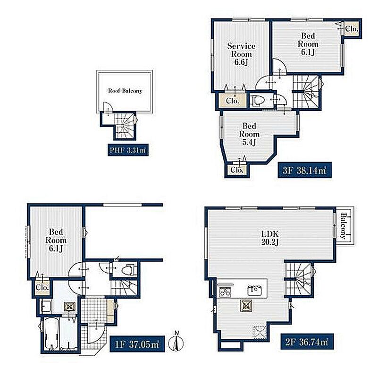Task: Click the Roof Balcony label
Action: (125, 91)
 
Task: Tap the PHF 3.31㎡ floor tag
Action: (128, 150)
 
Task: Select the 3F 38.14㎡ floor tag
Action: (304, 170)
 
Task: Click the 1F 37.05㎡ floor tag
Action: (137, 344)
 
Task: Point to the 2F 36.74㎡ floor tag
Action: (307, 342)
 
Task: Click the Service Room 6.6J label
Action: (241, 54)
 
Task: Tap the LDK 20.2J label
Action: (270, 238)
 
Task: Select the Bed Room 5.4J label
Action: (249, 134)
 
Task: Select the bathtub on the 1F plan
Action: (51, 333)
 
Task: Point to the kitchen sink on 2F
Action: (255, 290)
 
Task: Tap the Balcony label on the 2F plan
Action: (343, 226)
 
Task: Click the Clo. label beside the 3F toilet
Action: (233, 101)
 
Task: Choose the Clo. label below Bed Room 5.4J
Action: (237, 170)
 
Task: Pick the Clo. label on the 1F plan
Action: (42, 287)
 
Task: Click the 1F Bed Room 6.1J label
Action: (56, 240)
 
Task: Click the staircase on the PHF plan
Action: (125, 125)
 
